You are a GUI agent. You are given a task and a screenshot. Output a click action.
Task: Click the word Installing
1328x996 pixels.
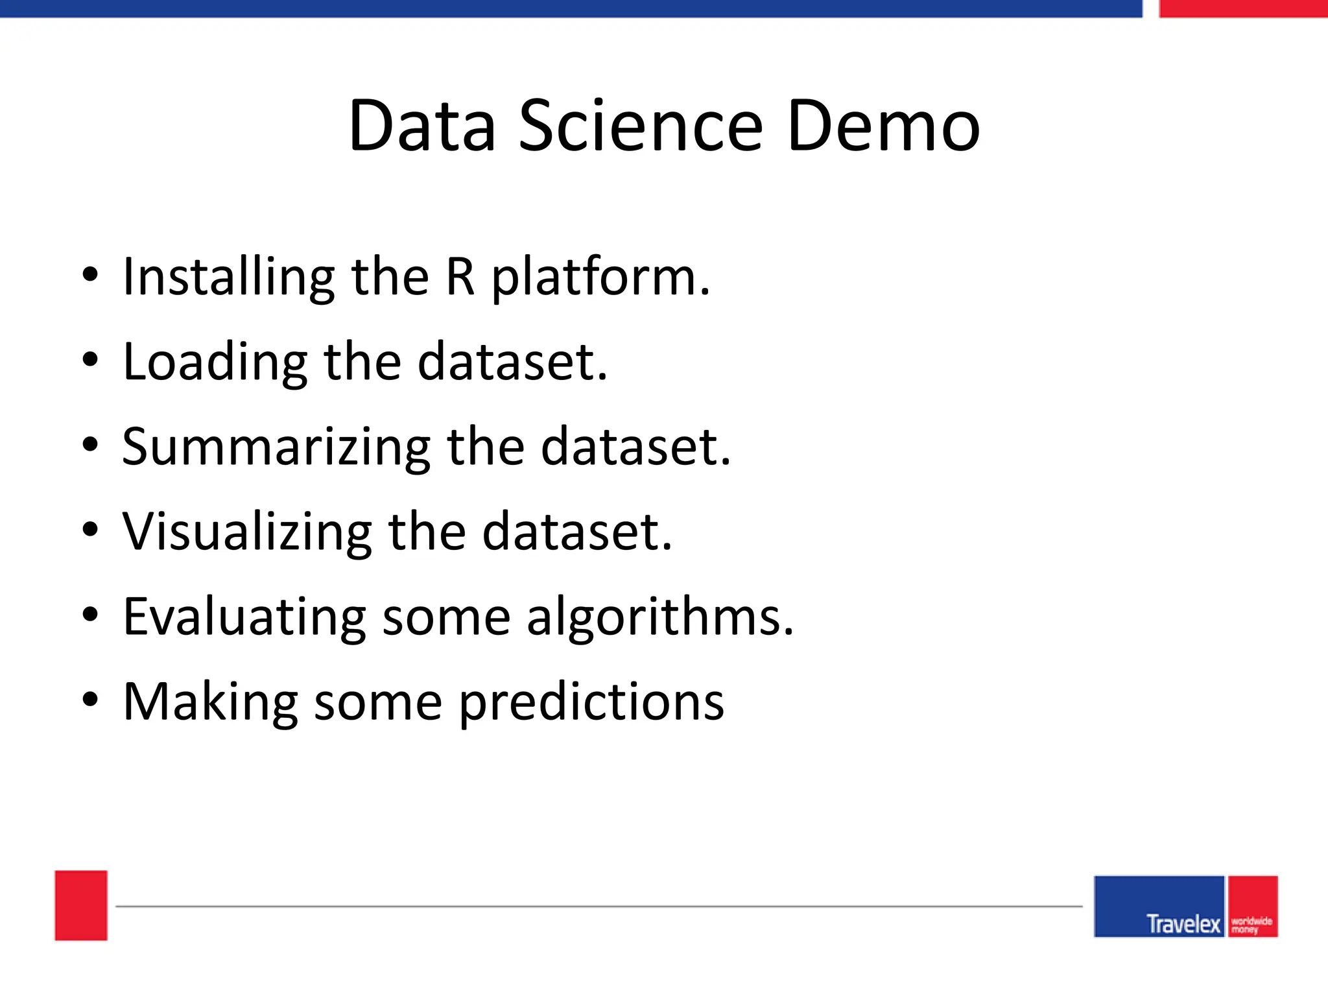pos(228,278)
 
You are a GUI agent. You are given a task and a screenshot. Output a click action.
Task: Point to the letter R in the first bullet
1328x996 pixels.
pos(460,277)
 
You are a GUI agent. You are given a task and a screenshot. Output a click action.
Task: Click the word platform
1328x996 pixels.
pos(600,279)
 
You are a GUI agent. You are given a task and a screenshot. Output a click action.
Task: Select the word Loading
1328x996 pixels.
pos(215,362)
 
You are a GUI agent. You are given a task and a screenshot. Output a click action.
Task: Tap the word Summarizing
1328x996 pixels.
pos(276,448)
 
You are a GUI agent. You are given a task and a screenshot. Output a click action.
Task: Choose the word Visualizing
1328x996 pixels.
pos(247,532)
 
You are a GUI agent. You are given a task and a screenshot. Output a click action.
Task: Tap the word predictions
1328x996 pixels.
pos(591,703)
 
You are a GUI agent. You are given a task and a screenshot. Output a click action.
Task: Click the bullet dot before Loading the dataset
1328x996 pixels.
pos(90,360)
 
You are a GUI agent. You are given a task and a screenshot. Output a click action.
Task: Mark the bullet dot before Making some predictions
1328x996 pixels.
pos(90,700)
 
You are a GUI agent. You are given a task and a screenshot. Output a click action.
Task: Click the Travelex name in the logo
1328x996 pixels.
pos(1183,923)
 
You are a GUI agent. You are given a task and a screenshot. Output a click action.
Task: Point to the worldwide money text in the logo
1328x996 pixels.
pos(1251,925)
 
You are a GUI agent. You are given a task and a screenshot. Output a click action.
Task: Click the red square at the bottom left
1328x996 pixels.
pos(81,905)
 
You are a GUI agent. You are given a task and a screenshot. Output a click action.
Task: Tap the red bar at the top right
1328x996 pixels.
pos(1242,8)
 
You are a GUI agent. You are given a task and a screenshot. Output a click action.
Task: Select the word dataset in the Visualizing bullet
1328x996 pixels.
pos(577,532)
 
